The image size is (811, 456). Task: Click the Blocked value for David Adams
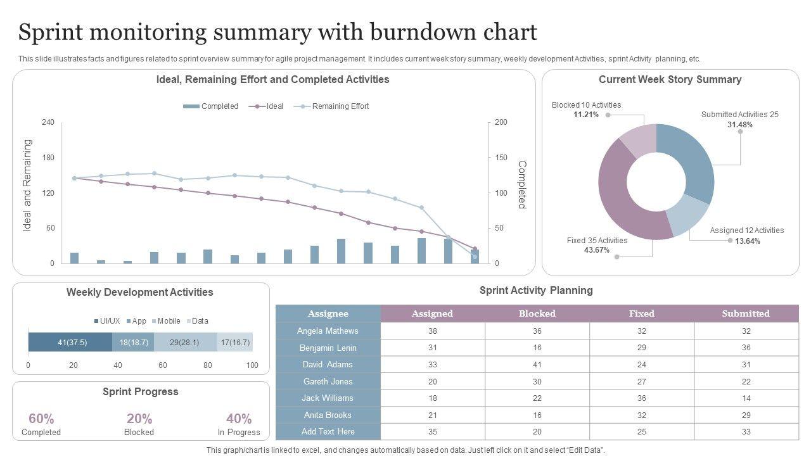pos(537,365)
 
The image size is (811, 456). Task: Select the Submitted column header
pos(746,313)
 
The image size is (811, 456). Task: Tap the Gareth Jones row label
pos(328,381)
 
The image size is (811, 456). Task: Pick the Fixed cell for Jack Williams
pos(642,398)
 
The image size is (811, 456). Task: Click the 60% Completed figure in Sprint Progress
pos(41,419)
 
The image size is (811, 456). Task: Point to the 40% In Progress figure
pos(239,419)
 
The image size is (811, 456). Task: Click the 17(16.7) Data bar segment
pos(235,342)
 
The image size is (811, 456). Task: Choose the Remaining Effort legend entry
pos(340,106)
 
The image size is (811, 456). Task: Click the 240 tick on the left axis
pos(48,122)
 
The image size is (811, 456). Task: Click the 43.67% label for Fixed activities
pos(597,250)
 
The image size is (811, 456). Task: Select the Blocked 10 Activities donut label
pos(586,105)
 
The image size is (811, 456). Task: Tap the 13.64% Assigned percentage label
pos(748,241)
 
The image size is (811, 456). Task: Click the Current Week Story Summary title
pos(670,80)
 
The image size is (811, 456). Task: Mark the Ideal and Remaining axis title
pos(27,185)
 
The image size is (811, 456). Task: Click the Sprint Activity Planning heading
pos(536,291)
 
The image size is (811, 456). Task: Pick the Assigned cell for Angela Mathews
pos(433,331)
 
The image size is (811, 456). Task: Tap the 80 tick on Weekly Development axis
pos(208,365)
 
